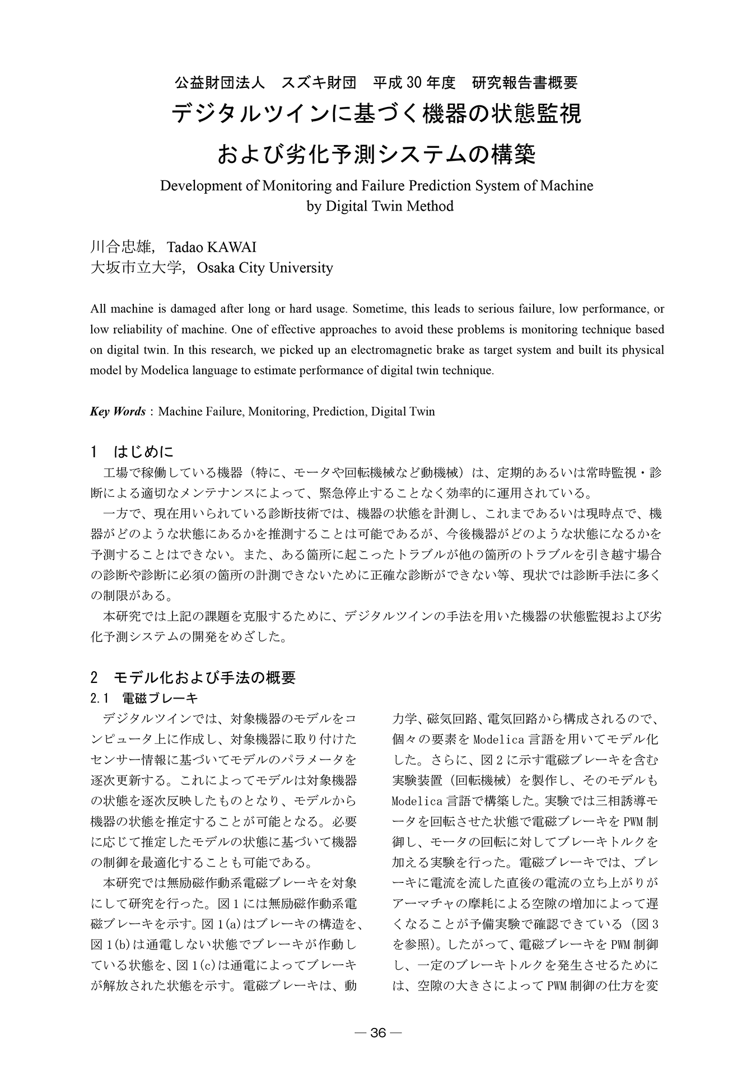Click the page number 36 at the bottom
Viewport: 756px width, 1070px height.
coord(379,1033)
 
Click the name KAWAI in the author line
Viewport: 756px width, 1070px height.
coord(232,247)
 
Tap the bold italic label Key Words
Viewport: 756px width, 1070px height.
coord(118,411)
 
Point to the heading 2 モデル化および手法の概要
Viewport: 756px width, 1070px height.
coord(193,677)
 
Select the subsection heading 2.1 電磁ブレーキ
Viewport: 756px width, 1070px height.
coord(144,698)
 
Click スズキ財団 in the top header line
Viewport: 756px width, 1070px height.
coord(319,83)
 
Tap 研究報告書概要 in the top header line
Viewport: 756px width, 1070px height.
coord(525,83)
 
